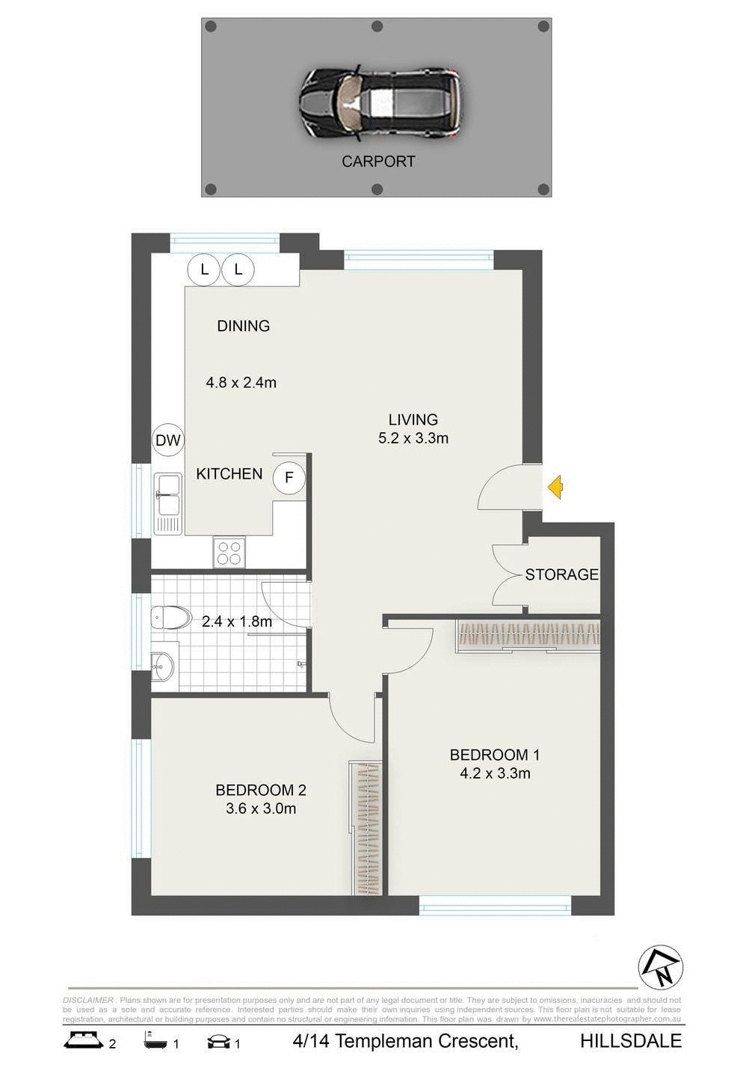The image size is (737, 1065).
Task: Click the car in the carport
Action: point(380,103)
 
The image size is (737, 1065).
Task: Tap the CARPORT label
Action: point(378,162)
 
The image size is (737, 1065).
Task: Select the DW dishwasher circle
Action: point(168,441)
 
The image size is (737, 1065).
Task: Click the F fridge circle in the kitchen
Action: point(289,477)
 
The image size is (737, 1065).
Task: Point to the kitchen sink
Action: point(167,503)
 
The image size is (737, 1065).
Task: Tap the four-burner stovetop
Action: point(229,552)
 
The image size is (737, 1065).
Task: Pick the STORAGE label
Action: point(561,574)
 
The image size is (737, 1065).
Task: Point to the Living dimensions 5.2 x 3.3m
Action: point(413,438)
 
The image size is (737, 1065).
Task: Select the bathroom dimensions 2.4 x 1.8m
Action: point(237,621)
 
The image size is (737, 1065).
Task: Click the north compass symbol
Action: point(661,968)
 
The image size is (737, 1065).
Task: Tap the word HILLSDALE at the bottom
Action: point(631,1041)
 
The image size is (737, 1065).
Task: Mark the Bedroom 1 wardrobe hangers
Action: point(528,635)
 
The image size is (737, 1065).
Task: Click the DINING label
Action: point(243,326)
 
